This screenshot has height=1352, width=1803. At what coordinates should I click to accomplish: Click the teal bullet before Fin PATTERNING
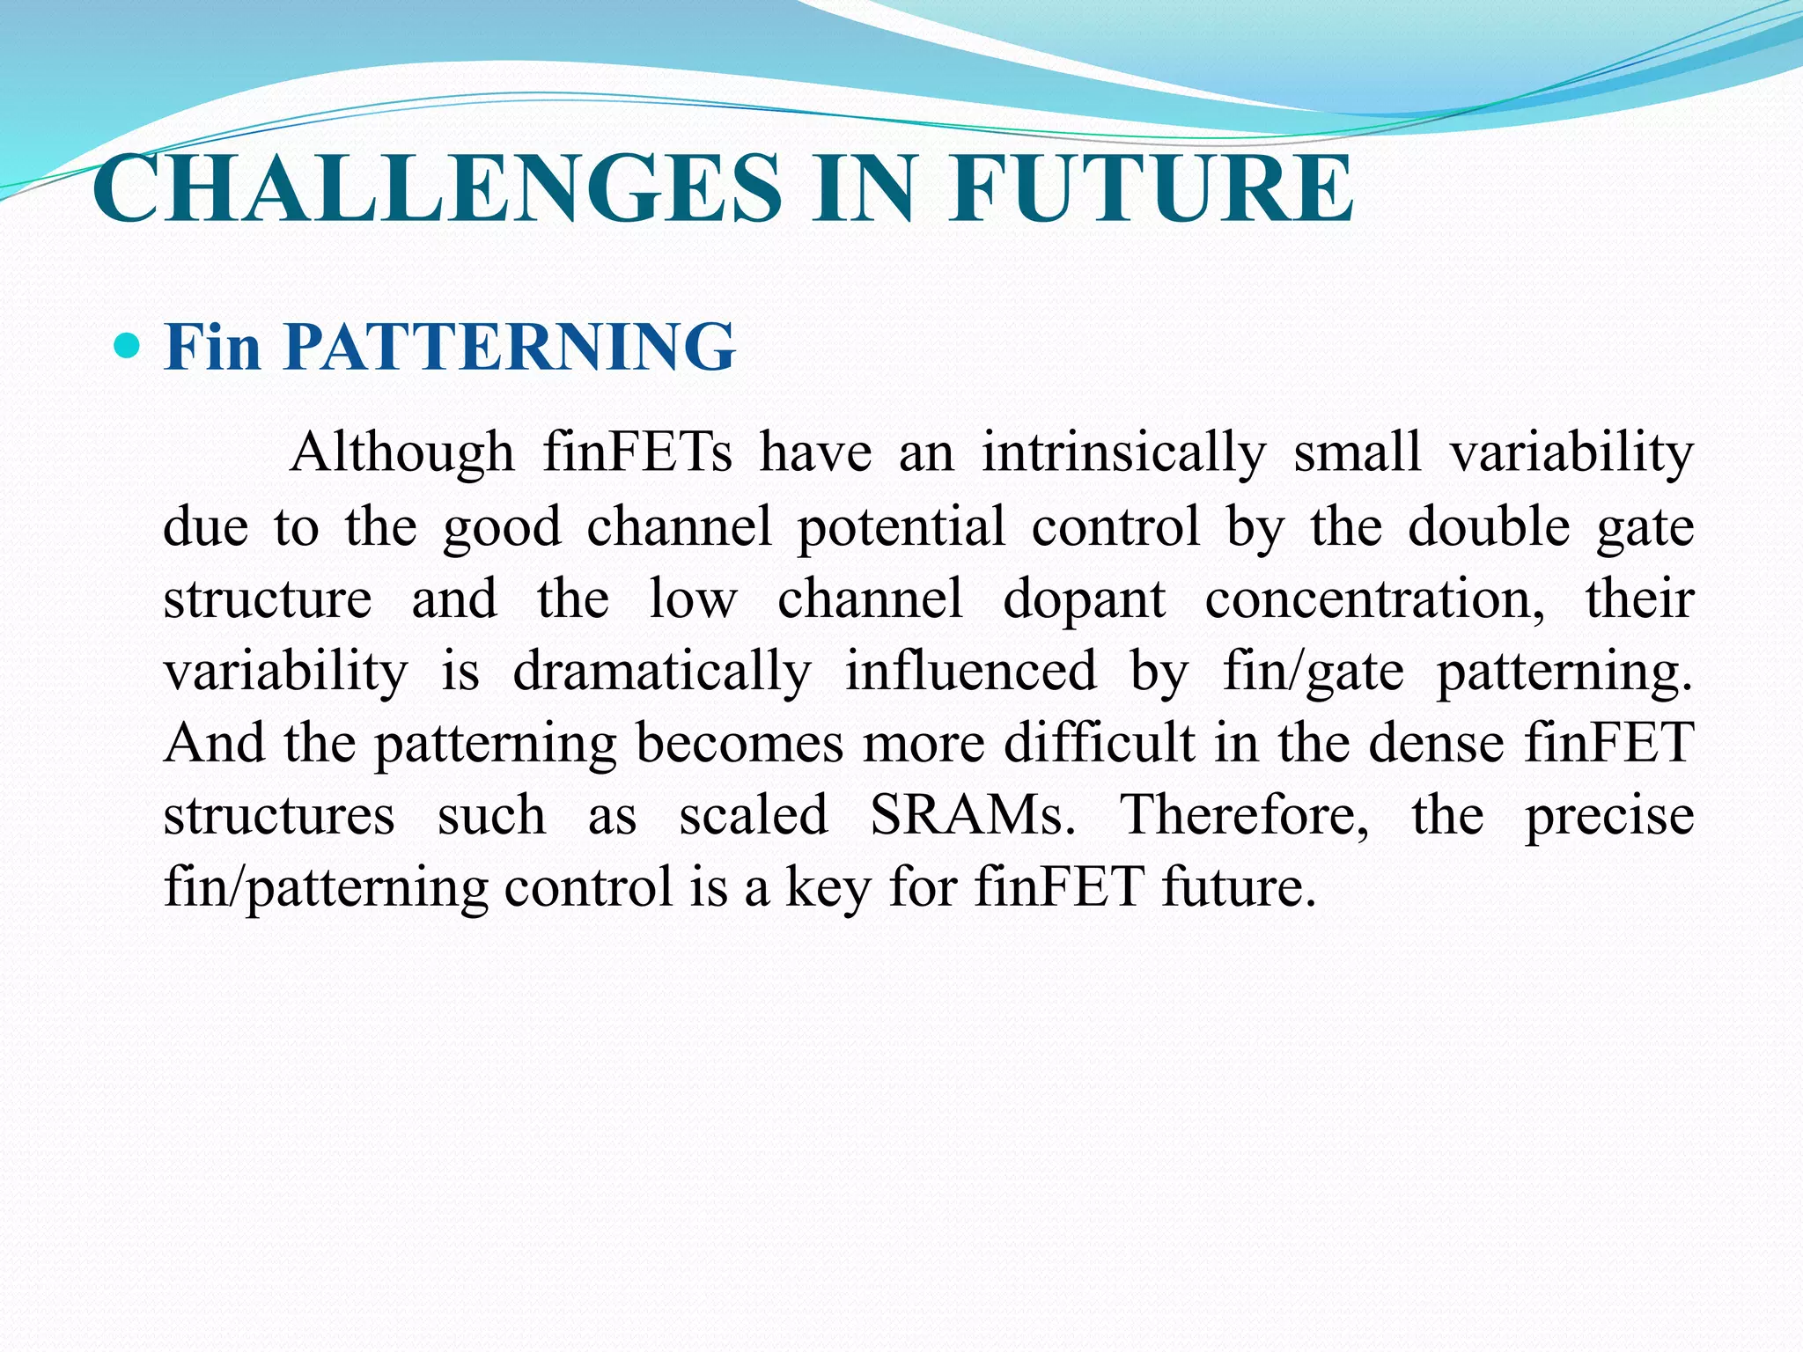128,345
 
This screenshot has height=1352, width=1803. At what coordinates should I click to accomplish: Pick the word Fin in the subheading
213,346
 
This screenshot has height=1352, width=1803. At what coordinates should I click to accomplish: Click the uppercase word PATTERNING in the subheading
510,346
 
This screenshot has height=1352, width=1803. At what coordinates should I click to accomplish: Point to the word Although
401,452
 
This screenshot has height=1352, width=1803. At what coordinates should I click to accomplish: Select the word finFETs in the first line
637,452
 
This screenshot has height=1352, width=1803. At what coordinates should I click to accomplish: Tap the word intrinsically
1124,452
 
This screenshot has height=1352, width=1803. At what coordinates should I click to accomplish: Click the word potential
901,526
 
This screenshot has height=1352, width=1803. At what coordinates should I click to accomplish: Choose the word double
1489,526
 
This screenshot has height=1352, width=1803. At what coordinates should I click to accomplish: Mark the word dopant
1085,599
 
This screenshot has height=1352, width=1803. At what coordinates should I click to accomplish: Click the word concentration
1374,599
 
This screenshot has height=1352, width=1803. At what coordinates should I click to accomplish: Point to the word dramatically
662,672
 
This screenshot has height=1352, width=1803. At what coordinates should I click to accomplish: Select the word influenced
971,671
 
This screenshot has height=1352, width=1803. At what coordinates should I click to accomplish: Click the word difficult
1100,743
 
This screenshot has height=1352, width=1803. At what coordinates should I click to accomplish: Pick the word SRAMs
973,815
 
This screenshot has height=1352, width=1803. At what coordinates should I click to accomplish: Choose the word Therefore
1244,815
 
